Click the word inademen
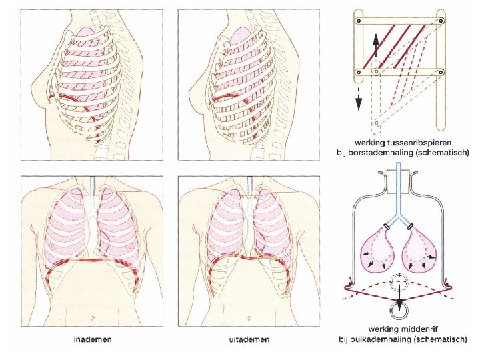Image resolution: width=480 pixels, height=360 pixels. (93, 340)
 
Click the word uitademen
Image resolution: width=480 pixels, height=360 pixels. (249, 340)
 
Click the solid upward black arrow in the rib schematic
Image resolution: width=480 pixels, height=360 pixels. (376, 45)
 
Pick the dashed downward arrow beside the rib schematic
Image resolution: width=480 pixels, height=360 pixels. (358, 97)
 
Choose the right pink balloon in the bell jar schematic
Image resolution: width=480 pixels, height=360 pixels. (420, 251)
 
